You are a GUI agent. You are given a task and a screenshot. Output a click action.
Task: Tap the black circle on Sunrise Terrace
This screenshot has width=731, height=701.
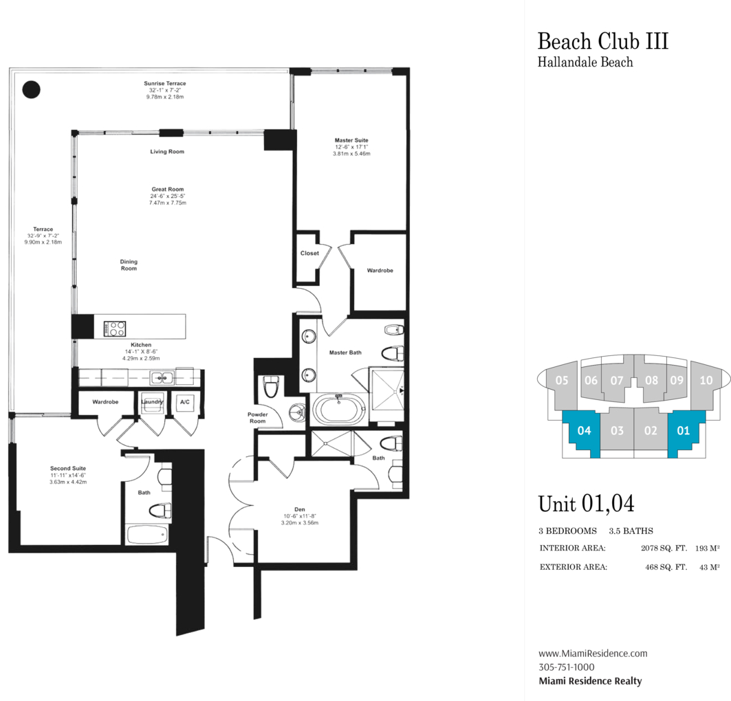pos(31,89)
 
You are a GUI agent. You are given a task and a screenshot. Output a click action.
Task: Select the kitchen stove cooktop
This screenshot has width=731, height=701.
pos(115,329)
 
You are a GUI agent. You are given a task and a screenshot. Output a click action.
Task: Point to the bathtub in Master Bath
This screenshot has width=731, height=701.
pos(339,411)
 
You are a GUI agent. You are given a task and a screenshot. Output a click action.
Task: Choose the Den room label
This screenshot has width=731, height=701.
pos(299,509)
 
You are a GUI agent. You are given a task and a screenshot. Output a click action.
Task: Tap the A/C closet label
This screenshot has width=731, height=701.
pos(184,402)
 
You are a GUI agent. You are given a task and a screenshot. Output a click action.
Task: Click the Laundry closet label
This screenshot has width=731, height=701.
pos(151,402)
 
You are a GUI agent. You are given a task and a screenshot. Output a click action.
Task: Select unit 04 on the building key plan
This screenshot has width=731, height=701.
pos(584,432)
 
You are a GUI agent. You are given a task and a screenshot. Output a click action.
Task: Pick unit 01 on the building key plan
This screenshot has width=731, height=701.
pos(683,432)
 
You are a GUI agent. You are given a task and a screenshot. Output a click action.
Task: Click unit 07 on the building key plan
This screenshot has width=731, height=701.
pos(616,380)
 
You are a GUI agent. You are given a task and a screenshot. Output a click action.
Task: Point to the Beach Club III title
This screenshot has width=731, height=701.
pos(602,41)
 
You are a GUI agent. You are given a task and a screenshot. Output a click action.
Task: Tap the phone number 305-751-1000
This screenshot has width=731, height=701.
pos(566,667)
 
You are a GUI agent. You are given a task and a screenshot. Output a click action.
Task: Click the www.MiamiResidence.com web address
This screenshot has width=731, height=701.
pos(592,654)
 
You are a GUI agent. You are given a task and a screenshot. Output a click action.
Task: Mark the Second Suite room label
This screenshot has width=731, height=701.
pos(68,468)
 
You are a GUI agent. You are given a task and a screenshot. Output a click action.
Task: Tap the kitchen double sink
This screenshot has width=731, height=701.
pos(162,377)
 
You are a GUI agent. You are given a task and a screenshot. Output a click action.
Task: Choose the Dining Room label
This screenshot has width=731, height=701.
pos(129,265)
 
